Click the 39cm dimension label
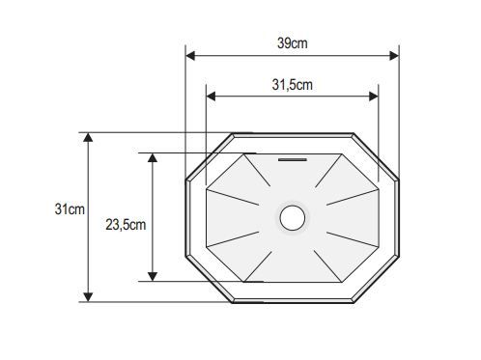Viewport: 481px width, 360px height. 293,43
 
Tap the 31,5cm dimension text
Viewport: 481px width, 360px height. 293,85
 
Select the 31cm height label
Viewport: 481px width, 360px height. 70,209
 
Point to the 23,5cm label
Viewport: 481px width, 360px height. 126,225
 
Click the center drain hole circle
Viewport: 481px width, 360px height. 293,218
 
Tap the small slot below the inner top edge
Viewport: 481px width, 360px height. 293,159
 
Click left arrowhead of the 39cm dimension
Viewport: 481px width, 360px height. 190,56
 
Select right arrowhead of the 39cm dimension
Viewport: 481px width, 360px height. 394,56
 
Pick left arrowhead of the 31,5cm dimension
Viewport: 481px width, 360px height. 211,97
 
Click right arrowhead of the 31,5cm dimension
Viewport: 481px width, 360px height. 374,97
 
